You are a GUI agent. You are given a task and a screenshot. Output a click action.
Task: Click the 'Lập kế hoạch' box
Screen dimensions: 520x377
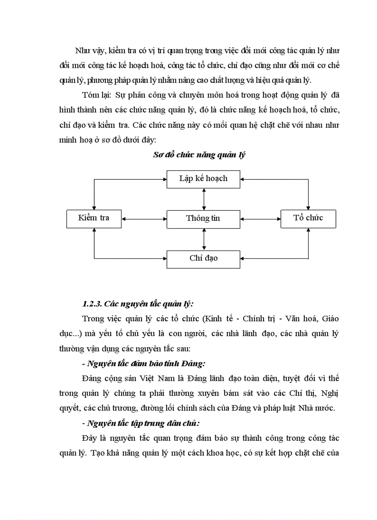tap(203, 179)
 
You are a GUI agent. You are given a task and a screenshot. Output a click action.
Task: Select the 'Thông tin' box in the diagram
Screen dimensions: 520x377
tap(203, 219)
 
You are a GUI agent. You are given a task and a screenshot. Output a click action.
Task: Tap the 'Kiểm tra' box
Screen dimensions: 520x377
tap(94, 218)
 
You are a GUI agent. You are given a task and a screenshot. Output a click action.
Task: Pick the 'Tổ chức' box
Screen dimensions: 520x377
tap(308, 218)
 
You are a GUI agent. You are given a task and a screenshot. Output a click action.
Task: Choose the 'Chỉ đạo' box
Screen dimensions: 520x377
tap(203, 258)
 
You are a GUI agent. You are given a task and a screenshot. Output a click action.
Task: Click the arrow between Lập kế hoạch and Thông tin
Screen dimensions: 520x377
tap(204, 199)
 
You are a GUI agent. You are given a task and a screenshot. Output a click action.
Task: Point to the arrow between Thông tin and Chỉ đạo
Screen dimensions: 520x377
tap(204, 238)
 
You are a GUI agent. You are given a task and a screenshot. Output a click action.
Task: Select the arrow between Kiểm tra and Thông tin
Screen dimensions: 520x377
tap(144, 219)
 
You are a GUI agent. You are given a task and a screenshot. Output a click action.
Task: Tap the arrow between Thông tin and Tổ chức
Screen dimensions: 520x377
tap(261, 219)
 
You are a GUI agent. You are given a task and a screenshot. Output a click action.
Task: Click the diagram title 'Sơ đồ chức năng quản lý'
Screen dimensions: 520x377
tap(199, 155)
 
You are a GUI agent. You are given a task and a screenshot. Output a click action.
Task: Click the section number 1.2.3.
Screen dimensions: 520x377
tap(92, 304)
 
